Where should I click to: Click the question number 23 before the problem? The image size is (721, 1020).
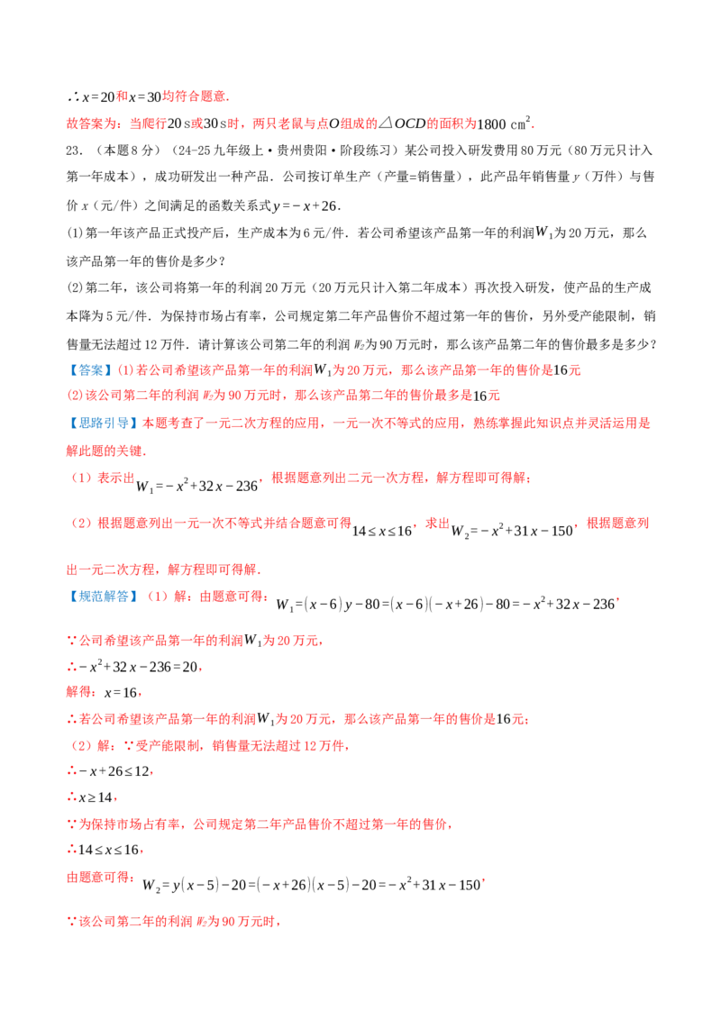pyautogui.click(x=74, y=150)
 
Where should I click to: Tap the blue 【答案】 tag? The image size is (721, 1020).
pyautogui.click(x=90, y=371)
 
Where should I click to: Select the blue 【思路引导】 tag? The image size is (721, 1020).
pyautogui.click(x=102, y=423)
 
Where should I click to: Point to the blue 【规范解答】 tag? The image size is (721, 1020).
pyautogui.click(x=102, y=597)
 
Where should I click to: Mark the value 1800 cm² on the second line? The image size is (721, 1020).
pyautogui.click(x=505, y=123)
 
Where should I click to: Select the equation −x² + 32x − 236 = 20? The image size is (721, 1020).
pyautogui.click(x=138, y=667)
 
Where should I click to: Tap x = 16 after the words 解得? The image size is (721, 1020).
pyautogui.click(x=121, y=693)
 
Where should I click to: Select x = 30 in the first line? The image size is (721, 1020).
pyautogui.click(x=145, y=97)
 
